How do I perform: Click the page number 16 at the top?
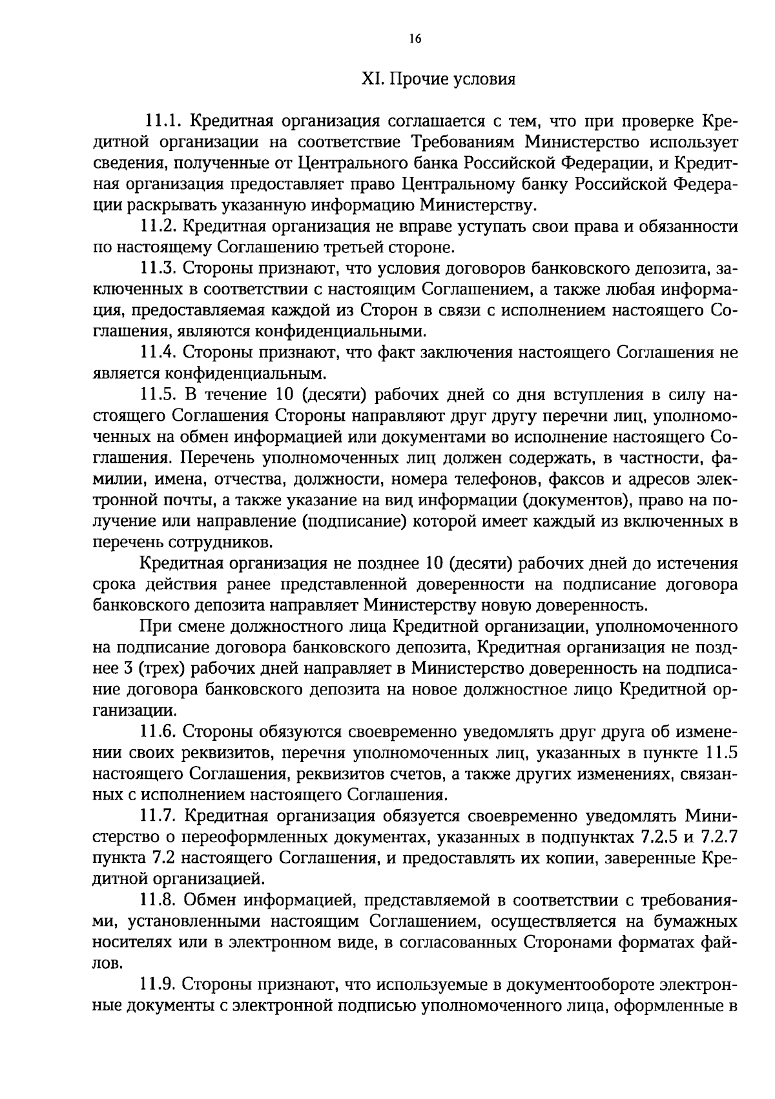(x=415, y=39)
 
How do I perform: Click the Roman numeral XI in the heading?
(x=369, y=80)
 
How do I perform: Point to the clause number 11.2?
(x=158, y=227)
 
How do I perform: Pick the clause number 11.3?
(x=158, y=268)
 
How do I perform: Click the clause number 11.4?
(x=158, y=352)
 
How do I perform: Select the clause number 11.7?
(x=158, y=816)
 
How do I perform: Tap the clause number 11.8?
(x=158, y=900)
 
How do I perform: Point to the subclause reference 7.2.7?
(x=718, y=837)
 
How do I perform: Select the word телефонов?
(x=498, y=479)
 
